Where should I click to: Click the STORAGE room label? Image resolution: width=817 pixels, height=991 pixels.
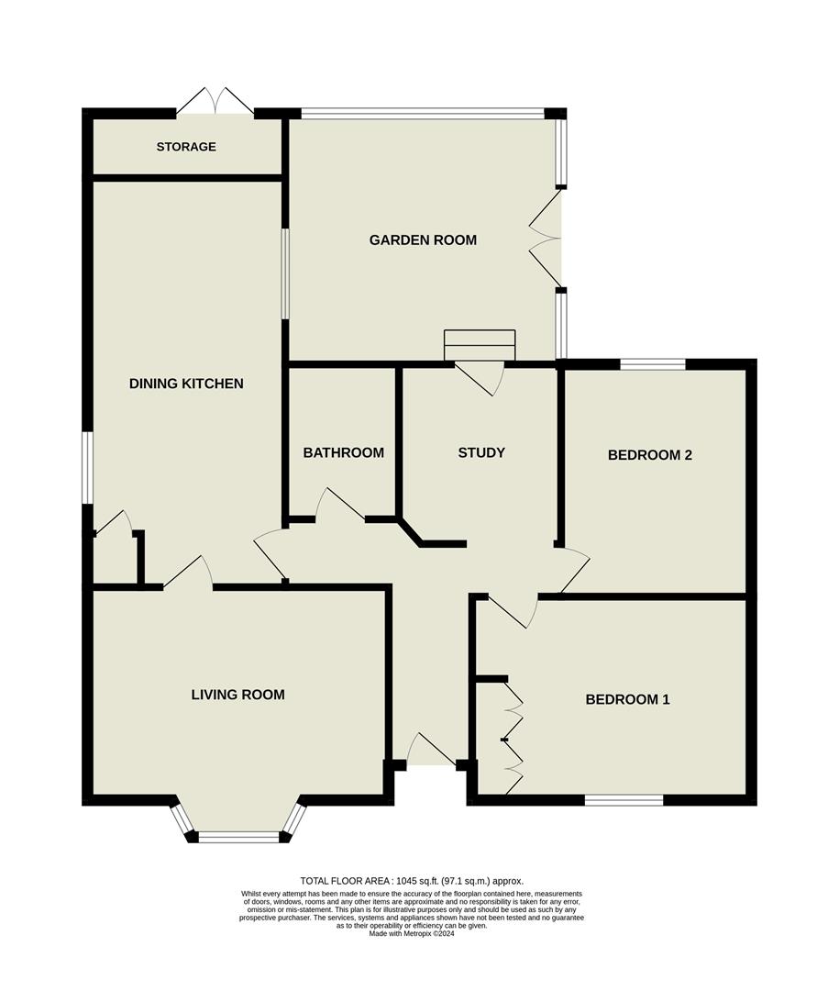[186, 147]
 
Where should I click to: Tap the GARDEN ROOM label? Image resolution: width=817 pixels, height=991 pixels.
[423, 240]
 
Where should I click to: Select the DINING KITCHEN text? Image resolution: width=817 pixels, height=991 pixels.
[186, 384]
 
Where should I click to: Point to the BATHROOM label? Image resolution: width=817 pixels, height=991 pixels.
[343, 452]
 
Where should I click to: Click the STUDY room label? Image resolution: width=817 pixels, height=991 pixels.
[481, 452]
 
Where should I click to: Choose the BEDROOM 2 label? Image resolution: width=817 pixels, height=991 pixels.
[649, 454]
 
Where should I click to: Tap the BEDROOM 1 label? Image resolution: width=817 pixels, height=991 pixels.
[627, 699]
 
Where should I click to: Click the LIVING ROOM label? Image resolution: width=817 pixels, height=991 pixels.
[237, 695]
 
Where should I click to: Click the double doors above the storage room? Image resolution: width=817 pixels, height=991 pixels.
[215, 101]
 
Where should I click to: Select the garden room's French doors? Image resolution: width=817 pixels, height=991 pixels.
[546, 238]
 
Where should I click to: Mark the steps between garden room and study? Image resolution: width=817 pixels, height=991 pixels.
[480, 346]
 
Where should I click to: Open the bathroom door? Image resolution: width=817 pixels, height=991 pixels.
[340, 504]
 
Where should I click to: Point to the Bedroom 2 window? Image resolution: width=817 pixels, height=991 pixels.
[652, 364]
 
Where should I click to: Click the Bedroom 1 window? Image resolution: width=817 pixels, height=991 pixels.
[624, 801]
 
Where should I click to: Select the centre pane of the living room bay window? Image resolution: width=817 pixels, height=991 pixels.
[238, 836]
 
